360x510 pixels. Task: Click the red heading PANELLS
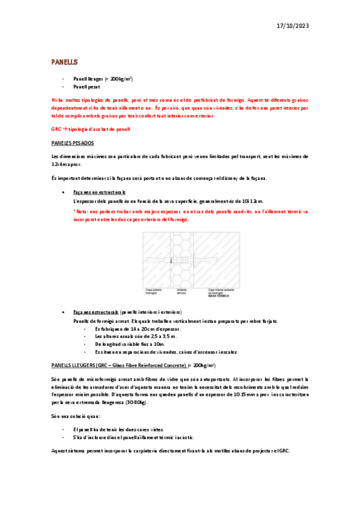click(x=64, y=62)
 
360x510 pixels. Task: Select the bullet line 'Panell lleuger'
click(x=103, y=79)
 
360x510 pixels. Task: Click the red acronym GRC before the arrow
click(x=56, y=129)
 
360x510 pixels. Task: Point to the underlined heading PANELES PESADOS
click(x=73, y=143)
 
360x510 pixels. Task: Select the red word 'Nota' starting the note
click(x=81, y=212)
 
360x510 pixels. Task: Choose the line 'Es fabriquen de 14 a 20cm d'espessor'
click(x=138, y=329)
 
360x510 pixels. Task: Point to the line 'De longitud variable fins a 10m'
click(x=130, y=344)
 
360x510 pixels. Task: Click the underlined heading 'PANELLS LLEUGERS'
click(x=120, y=365)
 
